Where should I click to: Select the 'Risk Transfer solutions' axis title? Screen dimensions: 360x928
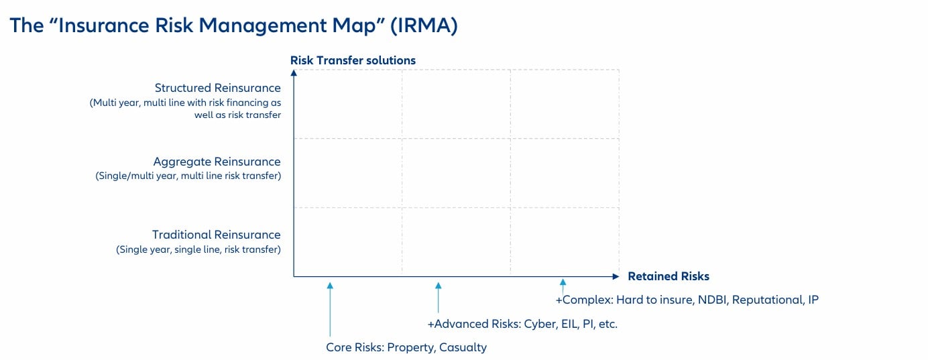(x=353, y=60)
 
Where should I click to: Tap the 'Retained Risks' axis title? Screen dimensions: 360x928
(x=668, y=276)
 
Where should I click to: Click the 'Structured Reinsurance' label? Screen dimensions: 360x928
(x=217, y=88)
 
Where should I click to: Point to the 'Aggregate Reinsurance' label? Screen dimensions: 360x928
(x=217, y=162)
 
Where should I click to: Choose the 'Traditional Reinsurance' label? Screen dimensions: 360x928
(x=216, y=235)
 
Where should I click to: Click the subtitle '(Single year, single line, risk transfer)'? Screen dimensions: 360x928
(x=198, y=249)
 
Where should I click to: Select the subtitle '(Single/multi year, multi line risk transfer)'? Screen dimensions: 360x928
(x=188, y=176)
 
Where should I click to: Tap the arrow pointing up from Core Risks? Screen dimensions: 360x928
(x=330, y=308)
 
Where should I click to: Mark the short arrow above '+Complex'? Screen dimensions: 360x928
(x=563, y=286)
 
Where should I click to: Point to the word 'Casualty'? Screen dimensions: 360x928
(x=463, y=347)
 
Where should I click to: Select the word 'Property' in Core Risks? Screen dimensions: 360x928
(x=410, y=347)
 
